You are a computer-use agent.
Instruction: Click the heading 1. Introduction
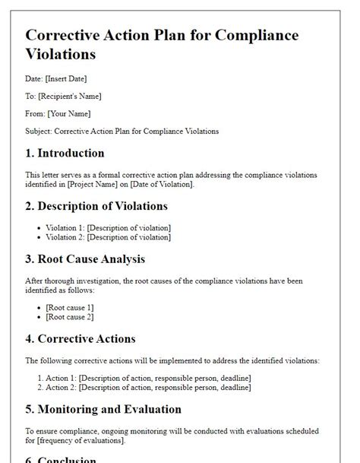pos(65,153)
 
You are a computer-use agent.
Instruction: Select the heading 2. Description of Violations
pos(96,206)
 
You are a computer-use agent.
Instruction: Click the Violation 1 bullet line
pos(108,227)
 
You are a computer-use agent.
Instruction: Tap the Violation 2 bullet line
pos(108,236)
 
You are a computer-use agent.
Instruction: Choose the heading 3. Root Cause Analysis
pos(85,259)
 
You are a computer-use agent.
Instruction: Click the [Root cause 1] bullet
pos(70,307)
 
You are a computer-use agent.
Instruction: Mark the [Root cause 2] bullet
pos(70,316)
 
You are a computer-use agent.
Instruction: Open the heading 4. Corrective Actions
pos(81,339)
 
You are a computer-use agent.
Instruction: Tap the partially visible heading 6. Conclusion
pos(61,458)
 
